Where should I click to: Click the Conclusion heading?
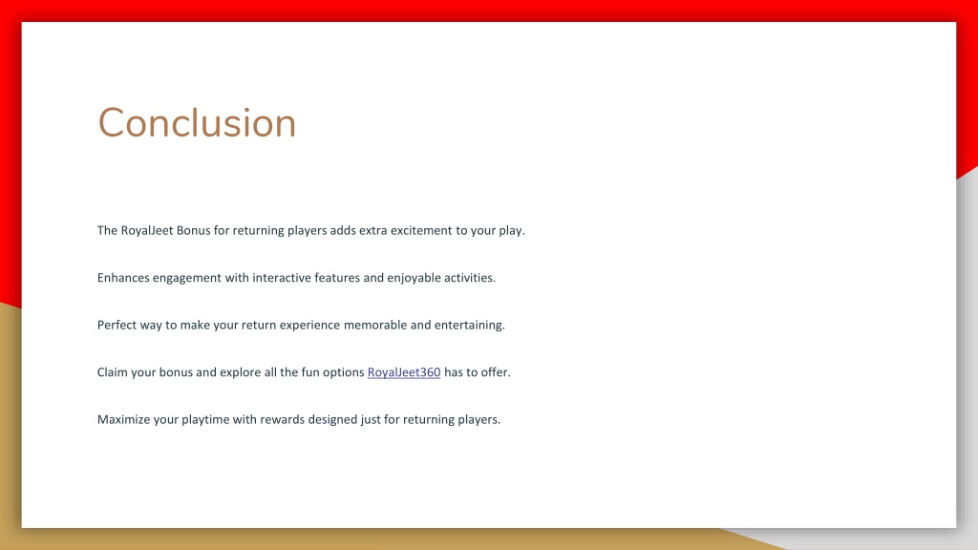point(197,122)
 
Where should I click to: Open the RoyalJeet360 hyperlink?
point(404,372)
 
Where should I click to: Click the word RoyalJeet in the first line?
point(146,230)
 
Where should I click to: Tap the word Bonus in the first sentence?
point(193,230)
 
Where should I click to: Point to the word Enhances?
point(123,278)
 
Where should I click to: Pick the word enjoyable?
point(414,278)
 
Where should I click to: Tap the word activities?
point(470,278)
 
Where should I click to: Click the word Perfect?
point(115,325)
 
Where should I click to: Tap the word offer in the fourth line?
point(496,372)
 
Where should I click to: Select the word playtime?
point(206,420)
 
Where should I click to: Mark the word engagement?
point(187,278)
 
